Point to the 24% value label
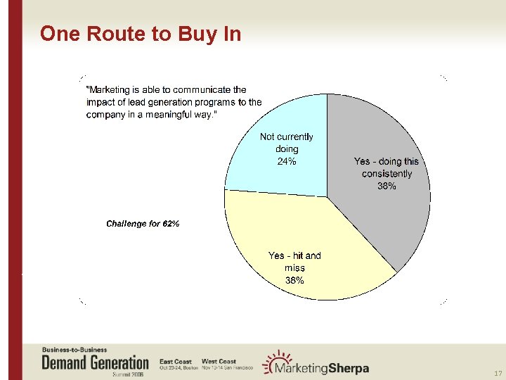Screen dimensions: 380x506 coord(287,161)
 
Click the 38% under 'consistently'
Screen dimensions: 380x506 coord(387,186)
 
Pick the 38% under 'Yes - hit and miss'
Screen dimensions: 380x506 coord(294,280)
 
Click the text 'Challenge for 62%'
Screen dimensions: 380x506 coord(143,224)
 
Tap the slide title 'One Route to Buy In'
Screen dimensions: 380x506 coord(141,34)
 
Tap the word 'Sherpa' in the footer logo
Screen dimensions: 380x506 coord(344,369)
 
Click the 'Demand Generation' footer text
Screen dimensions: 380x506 coord(96,362)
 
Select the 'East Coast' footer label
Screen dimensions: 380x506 coord(176,362)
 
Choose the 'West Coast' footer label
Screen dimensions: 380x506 coord(219,362)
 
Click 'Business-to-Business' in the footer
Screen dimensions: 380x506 coord(74,350)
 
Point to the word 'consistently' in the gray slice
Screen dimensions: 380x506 coord(387,174)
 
